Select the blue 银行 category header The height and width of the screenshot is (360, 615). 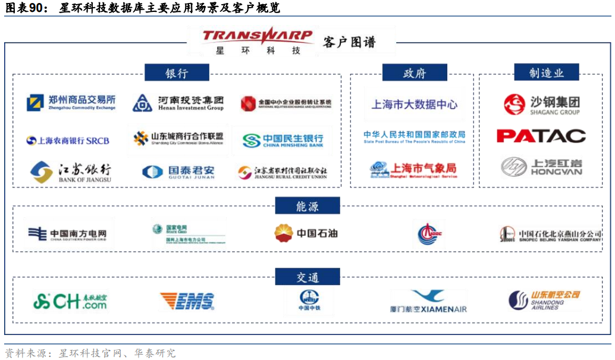pos(177,73)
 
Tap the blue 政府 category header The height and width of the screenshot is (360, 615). pos(415,73)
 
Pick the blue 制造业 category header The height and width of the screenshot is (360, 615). pos(546,73)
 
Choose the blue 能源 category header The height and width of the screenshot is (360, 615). pos(307,206)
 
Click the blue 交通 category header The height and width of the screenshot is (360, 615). pos(307,277)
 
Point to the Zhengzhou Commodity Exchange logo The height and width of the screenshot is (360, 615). pos(71,103)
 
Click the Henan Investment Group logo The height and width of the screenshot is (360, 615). pos(178,103)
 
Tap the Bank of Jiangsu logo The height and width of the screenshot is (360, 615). pos(71,172)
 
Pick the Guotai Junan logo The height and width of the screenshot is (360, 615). pos(178,172)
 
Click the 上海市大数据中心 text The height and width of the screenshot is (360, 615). pos(415,105)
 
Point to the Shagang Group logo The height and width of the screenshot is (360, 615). pos(541,105)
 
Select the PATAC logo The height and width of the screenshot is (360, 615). pos(541,136)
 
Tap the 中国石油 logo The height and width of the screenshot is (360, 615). pos(306,233)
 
